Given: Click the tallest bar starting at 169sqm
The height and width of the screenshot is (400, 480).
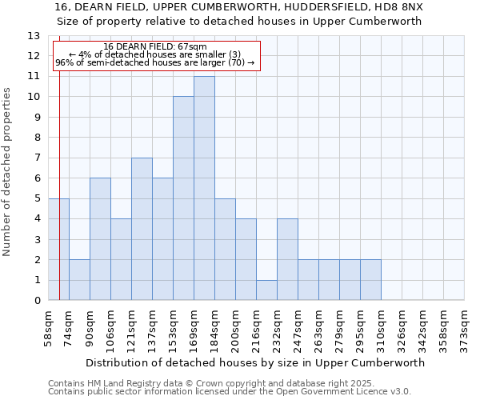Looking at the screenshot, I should coord(204,188).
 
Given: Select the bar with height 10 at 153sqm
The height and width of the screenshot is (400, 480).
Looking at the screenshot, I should coord(183,198).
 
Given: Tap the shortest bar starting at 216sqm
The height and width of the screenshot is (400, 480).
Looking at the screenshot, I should coord(266,290).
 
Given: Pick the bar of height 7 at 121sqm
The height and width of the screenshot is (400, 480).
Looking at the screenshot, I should coord(142,229).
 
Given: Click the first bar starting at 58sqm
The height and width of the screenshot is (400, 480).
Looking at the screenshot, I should coord(58,250).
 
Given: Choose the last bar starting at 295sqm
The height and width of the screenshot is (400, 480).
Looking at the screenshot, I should coord(370,280).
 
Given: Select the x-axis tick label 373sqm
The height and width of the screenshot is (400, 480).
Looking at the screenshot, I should coord(466,326).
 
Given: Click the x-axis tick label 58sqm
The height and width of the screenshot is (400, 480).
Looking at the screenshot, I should coord(50,326).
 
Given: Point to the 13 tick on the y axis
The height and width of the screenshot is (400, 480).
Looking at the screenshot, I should coord(34,36).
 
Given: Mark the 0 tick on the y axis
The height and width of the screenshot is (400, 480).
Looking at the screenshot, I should coord(37,301).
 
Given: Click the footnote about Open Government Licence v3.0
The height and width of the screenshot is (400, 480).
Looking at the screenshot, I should coord(229,392).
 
